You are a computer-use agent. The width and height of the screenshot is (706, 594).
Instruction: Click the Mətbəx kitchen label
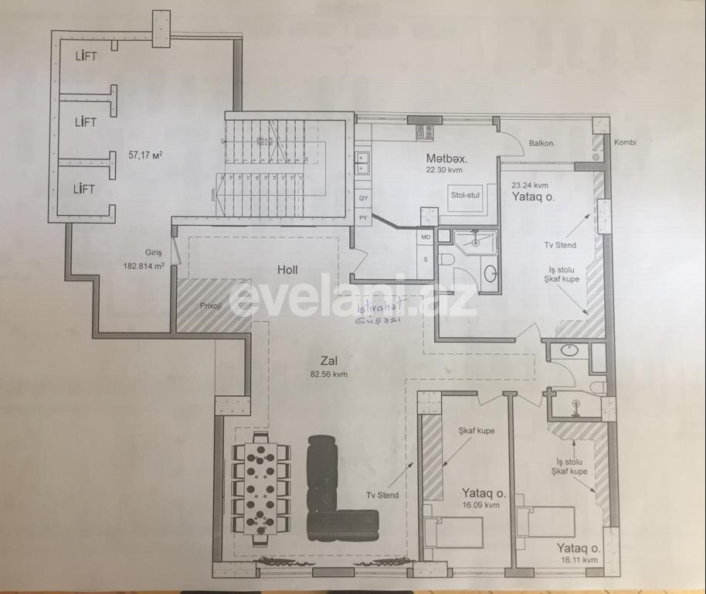(447, 159)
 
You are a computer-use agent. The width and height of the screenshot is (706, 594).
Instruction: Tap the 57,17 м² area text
(144, 155)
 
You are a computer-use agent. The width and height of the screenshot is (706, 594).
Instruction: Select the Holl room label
(287, 270)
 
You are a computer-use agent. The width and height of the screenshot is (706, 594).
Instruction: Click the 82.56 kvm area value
(329, 374)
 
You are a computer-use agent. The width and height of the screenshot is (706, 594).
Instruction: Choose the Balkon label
(543, 143)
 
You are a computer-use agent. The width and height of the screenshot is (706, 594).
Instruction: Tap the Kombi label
(625, 143)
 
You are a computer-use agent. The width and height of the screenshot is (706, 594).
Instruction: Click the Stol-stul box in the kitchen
(465, 195)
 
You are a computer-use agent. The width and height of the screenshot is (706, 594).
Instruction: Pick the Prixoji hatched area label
(211, 306)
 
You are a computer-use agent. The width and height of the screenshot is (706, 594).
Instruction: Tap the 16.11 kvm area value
(579, 559)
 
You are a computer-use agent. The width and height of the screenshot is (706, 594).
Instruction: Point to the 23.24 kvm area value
(530, 185)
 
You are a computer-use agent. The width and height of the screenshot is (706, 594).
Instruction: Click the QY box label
(363, 198)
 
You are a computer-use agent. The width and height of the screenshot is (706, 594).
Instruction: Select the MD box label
(426, 237)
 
